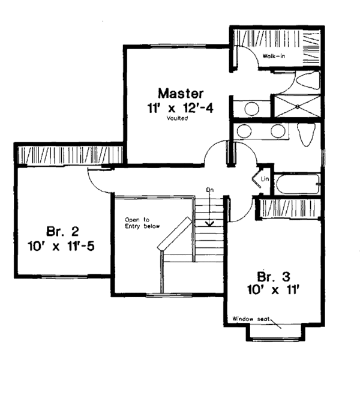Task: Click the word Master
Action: [x=181, y=94]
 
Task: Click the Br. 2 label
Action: [x=60, y=232]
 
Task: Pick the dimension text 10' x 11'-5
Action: [x=61, y=246]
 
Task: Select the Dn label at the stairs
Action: [x=210, y=190]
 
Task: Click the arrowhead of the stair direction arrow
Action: [x=210, y=223]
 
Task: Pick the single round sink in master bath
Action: [x=251, y=109]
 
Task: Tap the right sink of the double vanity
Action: [x=277, y=132]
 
